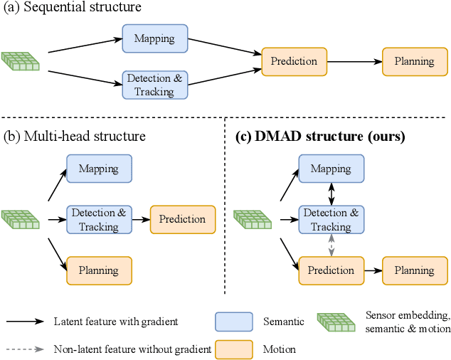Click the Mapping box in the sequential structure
point(154,38)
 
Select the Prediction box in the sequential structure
point(295,61)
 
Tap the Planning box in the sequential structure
point(414,61)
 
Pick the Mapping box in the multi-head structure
point(98,169)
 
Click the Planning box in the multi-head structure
point(98,270)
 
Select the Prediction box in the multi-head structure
point(182,219)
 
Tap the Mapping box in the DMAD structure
point(331,169)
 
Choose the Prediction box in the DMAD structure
point(331,270)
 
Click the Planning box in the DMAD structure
point(414,270)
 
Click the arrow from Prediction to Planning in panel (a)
point(354,62)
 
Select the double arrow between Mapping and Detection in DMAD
point(331,194)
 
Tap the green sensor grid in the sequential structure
point(21,61)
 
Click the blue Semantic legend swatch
point(234,322)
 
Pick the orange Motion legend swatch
point(234,350)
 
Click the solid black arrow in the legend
point(26,322)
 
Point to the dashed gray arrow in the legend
point(26,349)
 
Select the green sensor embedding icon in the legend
point(337,322)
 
